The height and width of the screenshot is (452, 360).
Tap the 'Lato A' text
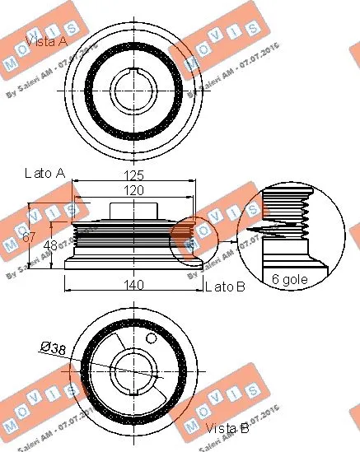coord(44,174)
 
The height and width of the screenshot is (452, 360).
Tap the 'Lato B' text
coord(224,287)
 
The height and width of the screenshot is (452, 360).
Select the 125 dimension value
coord(135,175)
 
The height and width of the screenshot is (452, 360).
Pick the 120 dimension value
coord(135,190)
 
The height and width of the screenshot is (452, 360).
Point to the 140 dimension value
coord(135,286)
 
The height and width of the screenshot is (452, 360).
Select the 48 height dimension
coord(50,245)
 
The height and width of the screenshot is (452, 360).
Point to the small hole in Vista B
coord(150,338)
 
